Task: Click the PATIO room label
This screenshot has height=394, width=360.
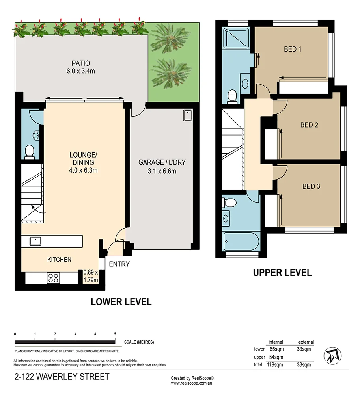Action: [80, 63]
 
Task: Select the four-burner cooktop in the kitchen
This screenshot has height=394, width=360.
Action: [53, 278]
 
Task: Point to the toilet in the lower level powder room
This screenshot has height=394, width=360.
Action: [29, 151]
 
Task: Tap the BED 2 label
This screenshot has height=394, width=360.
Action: [309, 125]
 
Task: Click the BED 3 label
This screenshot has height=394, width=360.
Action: [311, 186]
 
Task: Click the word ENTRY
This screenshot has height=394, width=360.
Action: [119, 264]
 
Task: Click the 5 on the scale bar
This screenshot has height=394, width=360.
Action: [115, 334]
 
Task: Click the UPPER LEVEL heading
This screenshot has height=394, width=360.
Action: [282, 272]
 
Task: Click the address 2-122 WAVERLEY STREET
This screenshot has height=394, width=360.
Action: [62, 377]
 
